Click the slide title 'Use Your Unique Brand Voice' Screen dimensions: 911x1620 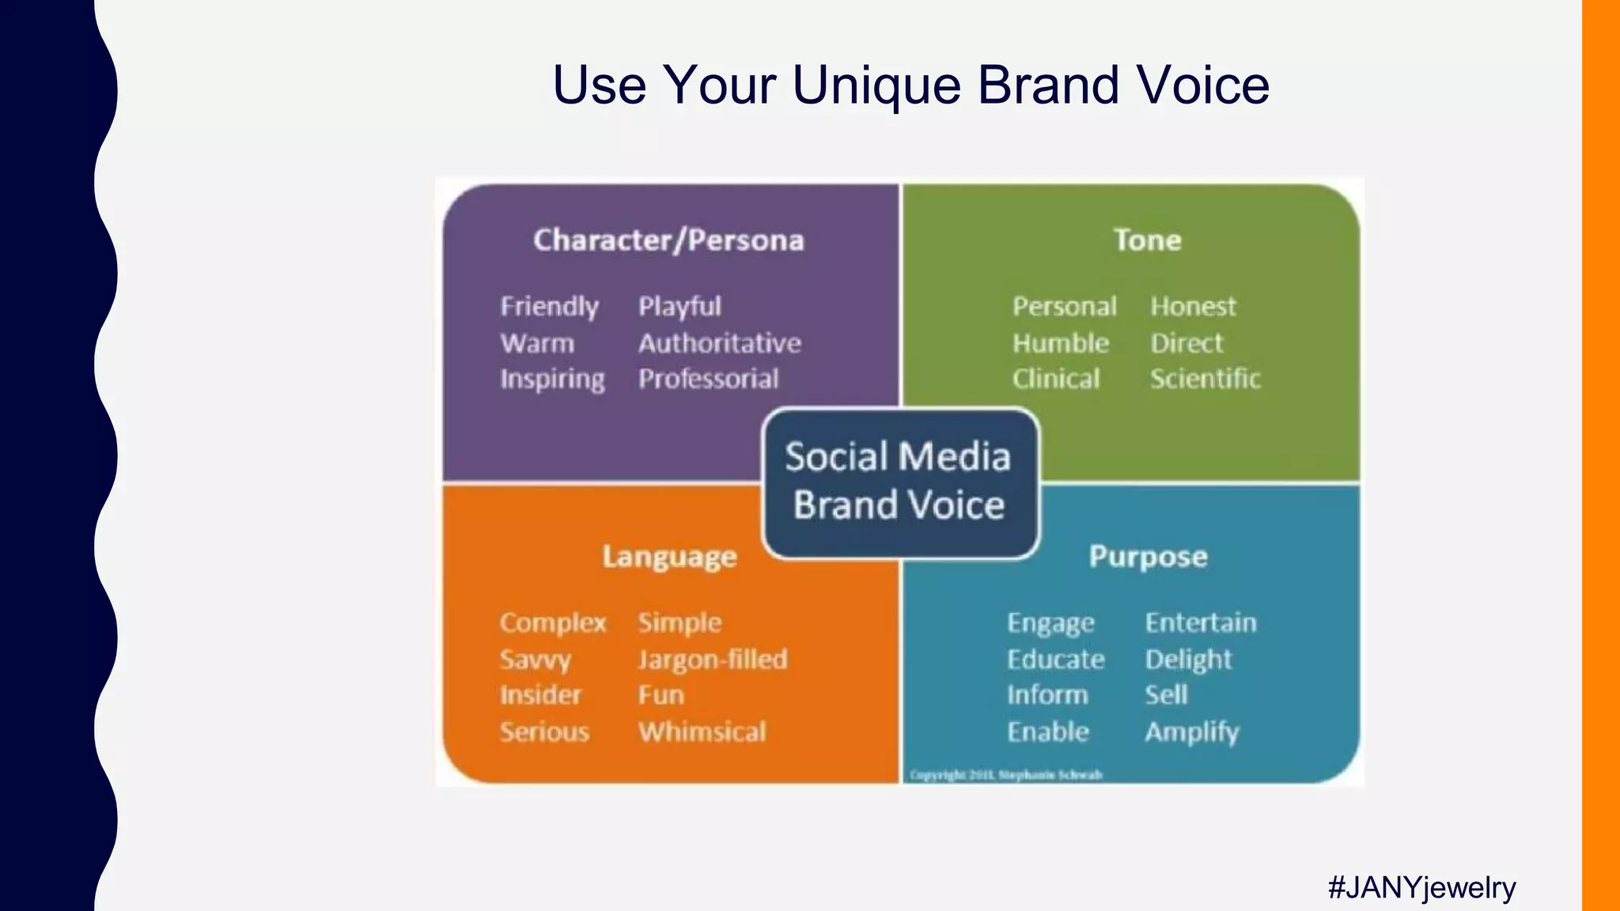[910, 85]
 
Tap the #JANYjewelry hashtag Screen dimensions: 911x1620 [1421, 887]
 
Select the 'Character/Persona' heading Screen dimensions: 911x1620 [668, 240]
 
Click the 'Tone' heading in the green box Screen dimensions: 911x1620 [1147, 240]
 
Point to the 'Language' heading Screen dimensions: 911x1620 [669, 557]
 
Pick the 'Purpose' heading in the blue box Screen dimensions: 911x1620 [1148, 557]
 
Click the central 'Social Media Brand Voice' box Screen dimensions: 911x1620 [899, 481]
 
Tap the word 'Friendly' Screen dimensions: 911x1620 [549, 306]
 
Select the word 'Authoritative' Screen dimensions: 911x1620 [720, 343]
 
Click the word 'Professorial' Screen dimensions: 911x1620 [709, 379]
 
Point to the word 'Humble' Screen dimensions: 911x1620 [1060, 343]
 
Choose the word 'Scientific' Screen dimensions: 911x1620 [1205, 379]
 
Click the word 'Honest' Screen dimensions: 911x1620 [1193, 306]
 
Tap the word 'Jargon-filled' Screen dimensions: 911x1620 [713, 660]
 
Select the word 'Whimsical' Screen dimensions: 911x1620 [702, 731]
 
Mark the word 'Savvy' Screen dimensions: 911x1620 [535, 660]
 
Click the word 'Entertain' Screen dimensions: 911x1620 [1201, 622]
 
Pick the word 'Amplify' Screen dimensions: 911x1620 [1192, 731]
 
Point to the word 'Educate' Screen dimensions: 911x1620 [1055, 660]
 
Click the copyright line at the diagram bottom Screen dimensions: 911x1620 [1005, 775]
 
